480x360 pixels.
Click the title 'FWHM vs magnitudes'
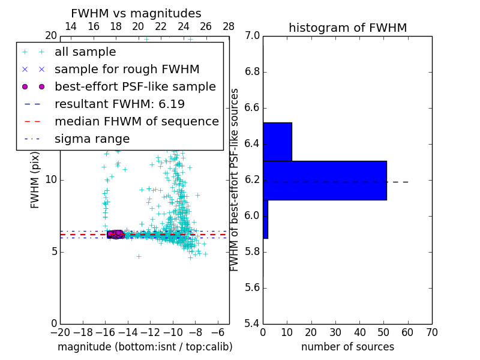136,13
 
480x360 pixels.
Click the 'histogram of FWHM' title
347,28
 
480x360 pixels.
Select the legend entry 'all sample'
85,52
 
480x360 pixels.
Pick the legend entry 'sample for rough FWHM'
127,69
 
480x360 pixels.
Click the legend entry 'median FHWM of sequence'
136,121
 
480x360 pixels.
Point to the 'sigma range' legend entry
92,139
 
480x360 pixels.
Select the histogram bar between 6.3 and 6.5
277,142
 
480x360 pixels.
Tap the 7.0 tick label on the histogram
252,36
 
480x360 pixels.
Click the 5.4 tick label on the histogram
252,323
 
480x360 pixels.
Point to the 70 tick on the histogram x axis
431,332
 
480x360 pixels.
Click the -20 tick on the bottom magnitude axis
60,332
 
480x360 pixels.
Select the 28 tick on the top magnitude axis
229,26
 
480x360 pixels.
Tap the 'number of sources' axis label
347,347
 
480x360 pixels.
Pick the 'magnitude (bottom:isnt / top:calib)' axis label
145,347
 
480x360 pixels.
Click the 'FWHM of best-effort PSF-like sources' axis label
235,179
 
